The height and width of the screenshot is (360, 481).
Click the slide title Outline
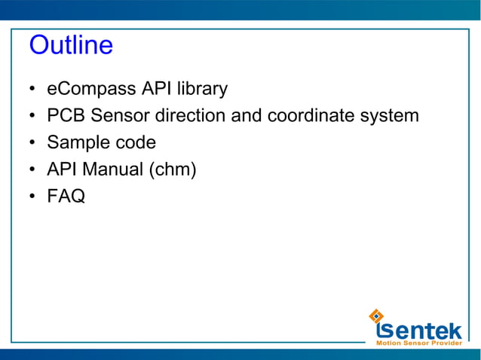tap(71, 46)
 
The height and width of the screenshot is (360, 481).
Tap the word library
tap(201, 90)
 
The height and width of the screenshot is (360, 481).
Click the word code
tap(136, 143)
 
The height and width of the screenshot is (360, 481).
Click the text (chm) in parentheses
tap(173, 170)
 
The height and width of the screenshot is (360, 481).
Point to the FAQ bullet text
tap(66, 197)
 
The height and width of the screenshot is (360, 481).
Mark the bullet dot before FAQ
tap(32, 197)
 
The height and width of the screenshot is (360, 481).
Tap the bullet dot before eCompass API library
tap(32, 90)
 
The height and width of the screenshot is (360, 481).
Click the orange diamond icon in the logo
tap(377, 315)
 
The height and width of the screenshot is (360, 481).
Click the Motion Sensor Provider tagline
tap(418, 343)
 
